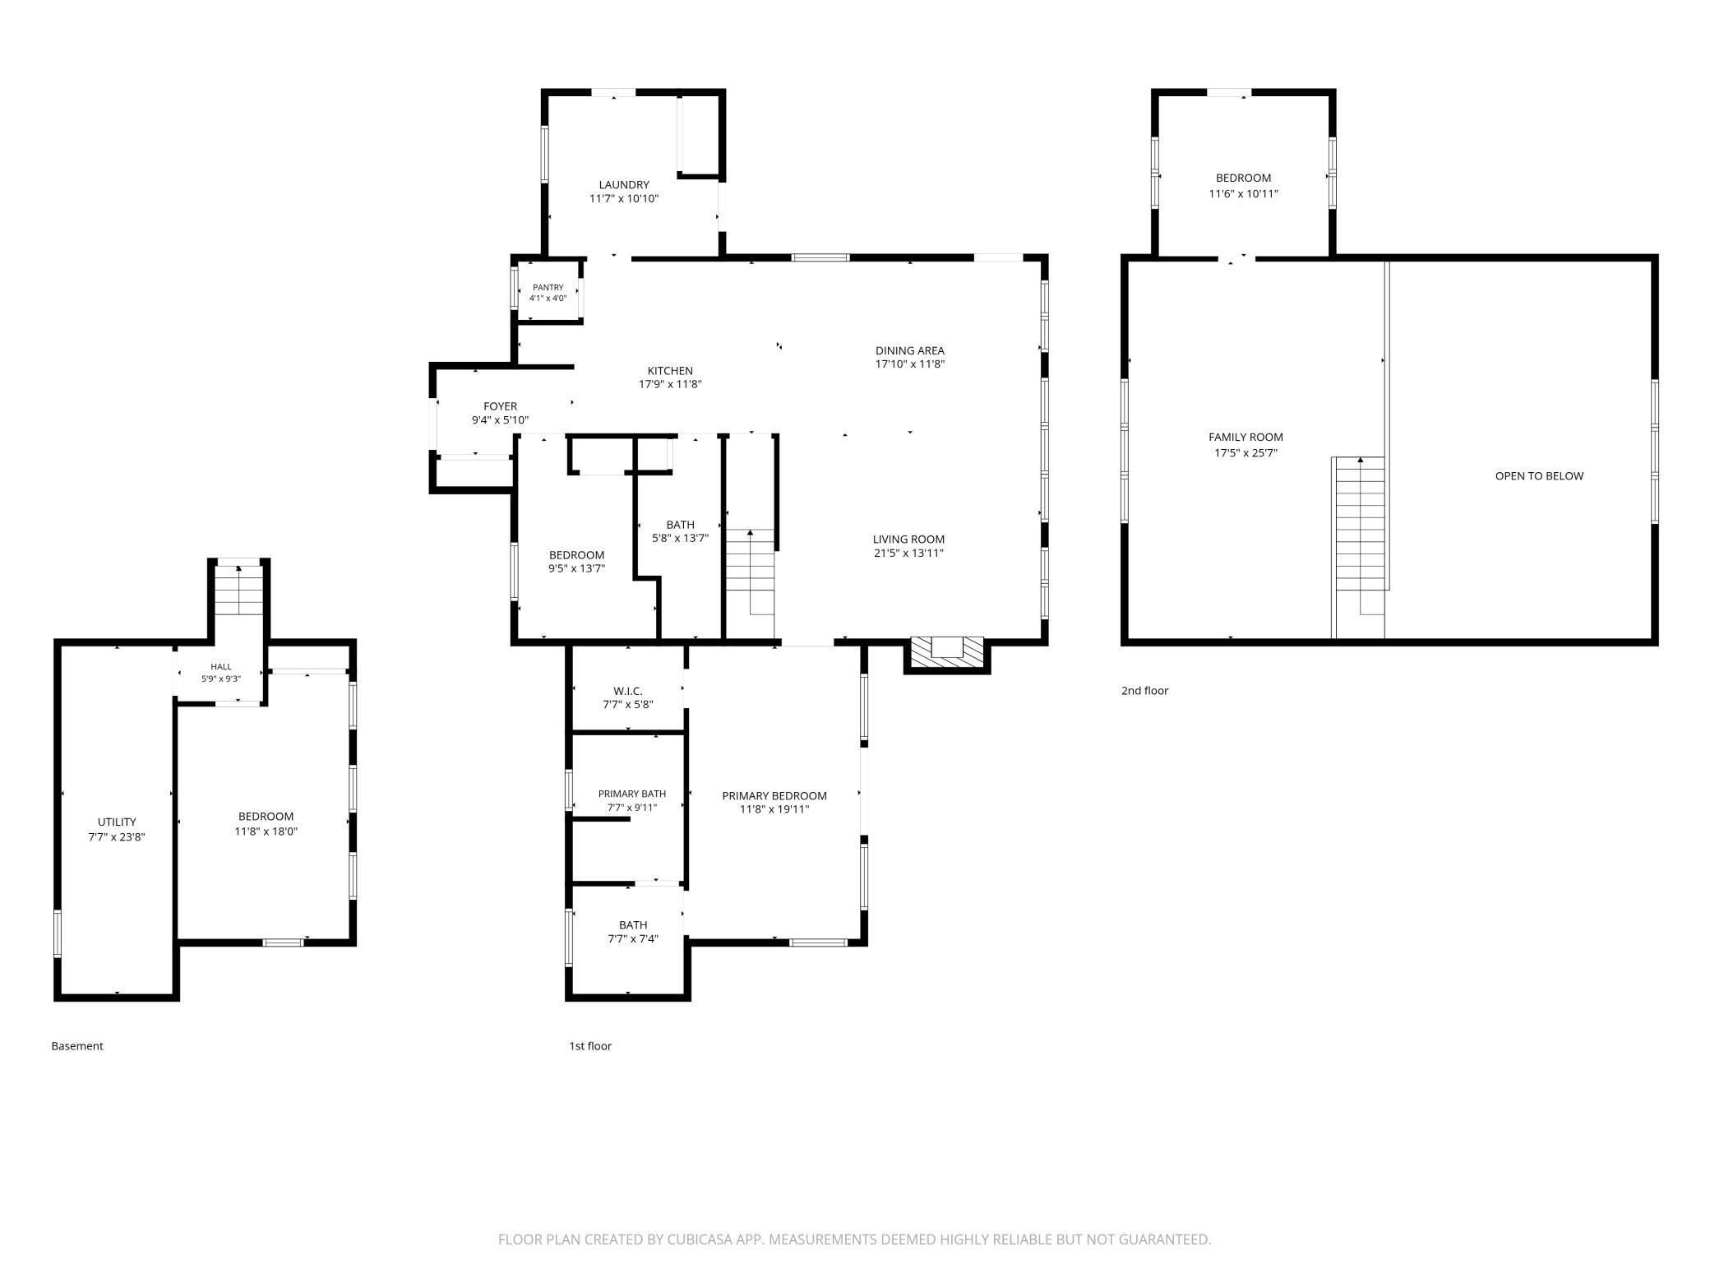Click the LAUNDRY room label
pos(624,185)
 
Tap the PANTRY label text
pos(548,287)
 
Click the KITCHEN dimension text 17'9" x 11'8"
pos(670,384)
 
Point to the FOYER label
pos(500,406)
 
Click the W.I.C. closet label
pos(628,691)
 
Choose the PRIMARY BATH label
pos(632,794)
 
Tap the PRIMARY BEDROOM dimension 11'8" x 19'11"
pos(774,809)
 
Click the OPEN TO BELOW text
pos(1539,475)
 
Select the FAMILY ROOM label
pos(1246,438)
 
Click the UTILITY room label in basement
pos(117,822)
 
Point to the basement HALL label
pos(221,667)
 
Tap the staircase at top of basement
pos(238,590)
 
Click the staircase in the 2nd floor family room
pos(1360,547)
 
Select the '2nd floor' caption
pos(1144,691)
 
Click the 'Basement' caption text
pos(77,1046)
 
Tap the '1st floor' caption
pos(590,1046)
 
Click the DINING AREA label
pos(909,350)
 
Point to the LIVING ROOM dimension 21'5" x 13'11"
pos(908,553)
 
